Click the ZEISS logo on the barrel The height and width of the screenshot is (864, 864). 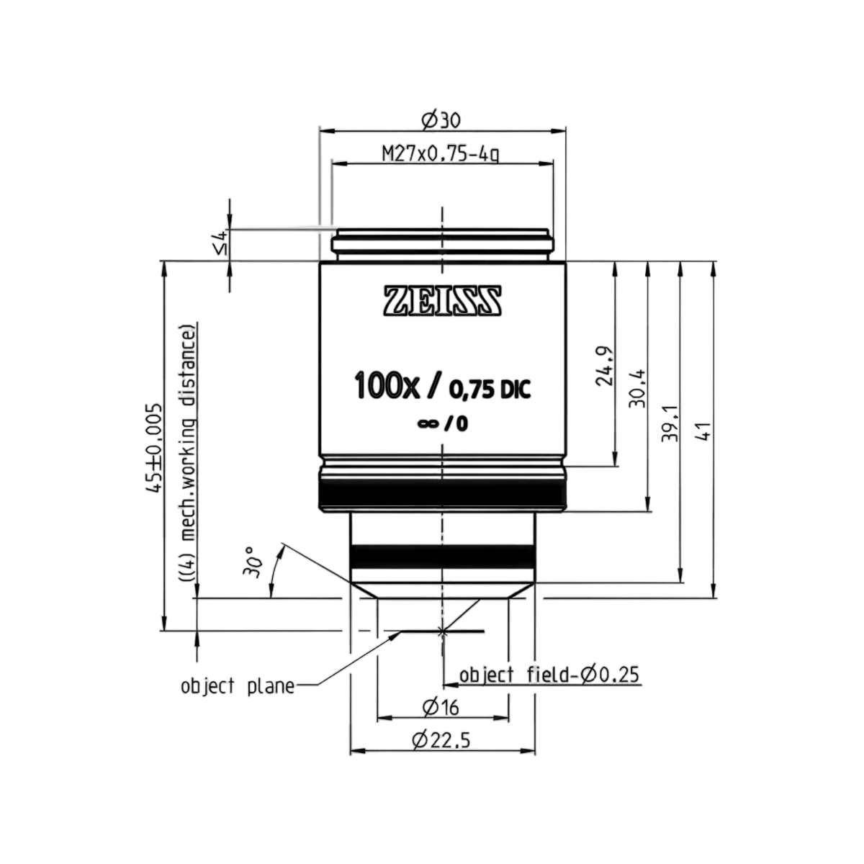[x=442, y=300]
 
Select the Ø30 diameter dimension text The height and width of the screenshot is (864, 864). [x=441, y=120]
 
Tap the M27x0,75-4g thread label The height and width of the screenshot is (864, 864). [x=441, y=154]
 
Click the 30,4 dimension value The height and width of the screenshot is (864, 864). [x=638, y=388]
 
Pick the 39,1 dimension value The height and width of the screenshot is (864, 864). [x=671, y=423]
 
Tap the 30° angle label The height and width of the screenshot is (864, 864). [x=251, y=562]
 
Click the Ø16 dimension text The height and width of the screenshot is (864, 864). [x=441, y=708]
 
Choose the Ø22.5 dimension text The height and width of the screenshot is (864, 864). [x=441, y=740]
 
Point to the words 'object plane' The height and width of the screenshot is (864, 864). [x=238, y=686]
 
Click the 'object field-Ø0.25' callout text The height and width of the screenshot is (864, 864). [x=549, y=675]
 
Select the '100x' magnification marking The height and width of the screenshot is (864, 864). [x=387, y=386]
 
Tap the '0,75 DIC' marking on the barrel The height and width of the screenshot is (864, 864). [x=490, y=390]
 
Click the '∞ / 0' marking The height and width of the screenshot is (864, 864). [x=443, y=423]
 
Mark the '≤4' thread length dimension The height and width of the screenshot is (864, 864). [x=222, y=243]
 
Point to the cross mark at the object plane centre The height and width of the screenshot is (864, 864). [x=443, y=631]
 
